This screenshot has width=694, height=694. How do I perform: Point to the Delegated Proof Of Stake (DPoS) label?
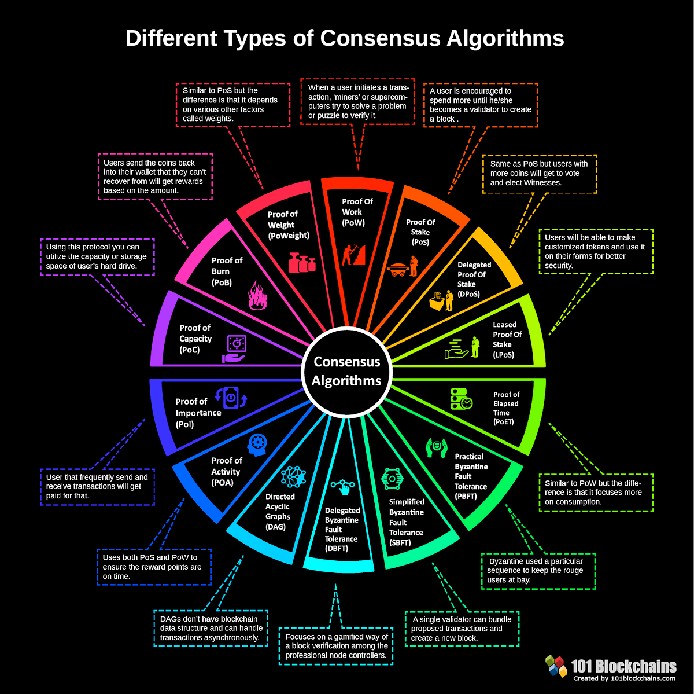[473, 280]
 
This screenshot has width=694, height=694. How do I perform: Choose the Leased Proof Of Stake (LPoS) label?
[506, 340]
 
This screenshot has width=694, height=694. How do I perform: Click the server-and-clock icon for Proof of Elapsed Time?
[462, 399]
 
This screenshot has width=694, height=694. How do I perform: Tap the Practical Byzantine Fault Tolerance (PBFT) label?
[471, 472]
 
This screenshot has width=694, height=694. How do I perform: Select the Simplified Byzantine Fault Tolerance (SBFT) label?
[406, 522]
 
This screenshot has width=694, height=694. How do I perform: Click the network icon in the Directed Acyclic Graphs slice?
[293, 476]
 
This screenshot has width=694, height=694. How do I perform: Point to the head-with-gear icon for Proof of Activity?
[257, 445]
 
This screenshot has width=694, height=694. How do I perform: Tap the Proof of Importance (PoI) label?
[198, 413]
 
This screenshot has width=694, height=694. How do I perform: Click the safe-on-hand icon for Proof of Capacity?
[235, 349]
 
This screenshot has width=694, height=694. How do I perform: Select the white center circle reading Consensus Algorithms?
[346, 371]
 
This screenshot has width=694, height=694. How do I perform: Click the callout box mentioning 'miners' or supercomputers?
[357, 102]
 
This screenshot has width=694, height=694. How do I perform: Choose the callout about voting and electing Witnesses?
[539, 173]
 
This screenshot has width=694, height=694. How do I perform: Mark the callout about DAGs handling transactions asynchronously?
[211, 628]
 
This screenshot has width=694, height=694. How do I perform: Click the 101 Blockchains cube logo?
[556, 666]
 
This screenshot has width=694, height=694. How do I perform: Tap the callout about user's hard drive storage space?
[97, 256]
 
